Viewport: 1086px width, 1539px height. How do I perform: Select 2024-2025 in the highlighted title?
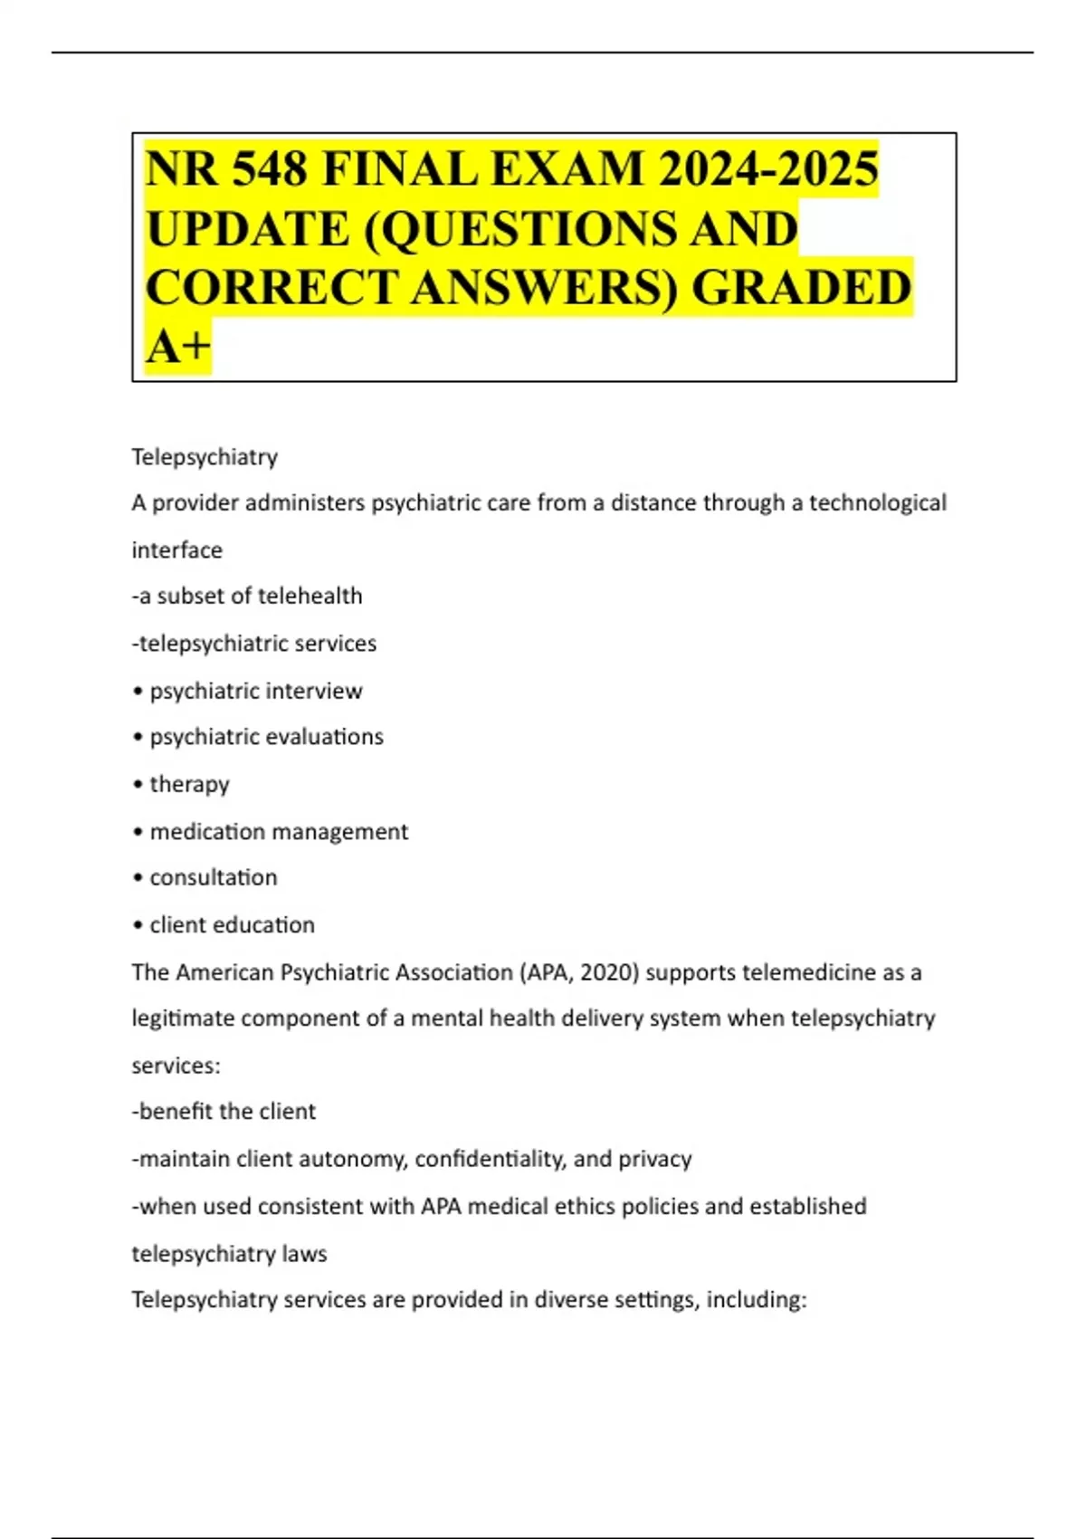[768, 169]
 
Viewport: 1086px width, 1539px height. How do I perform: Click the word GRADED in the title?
[801, 287]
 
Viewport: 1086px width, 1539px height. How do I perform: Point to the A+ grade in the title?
[178, 346]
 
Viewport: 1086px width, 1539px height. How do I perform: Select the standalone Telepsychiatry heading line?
[205, 457]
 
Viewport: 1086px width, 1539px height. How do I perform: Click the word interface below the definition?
[176, 550]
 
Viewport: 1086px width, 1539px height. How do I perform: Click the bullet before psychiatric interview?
[138, 692]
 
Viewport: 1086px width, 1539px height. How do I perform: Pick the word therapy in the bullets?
[189, 785]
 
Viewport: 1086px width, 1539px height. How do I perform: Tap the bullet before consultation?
[138, 878]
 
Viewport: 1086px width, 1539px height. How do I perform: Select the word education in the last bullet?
[271, 925]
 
